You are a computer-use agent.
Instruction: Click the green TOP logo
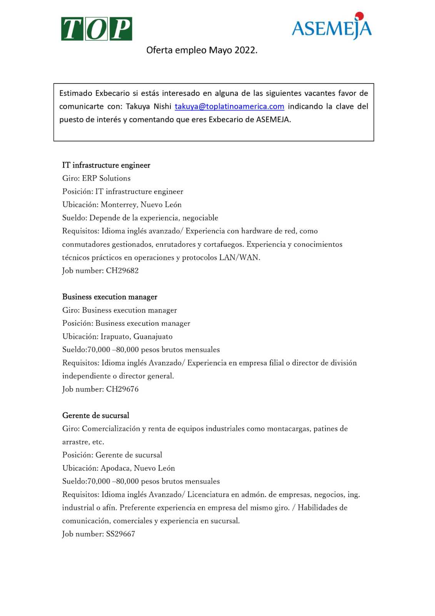[97, 29]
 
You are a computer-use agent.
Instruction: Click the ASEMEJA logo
[332, 27]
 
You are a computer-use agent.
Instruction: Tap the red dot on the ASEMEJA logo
[359, 16]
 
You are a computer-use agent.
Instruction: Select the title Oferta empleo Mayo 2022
[202, 50]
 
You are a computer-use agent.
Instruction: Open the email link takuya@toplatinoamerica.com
[229, 106]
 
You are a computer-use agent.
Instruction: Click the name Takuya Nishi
[148, 106]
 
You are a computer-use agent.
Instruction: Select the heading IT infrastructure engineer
[106, 165]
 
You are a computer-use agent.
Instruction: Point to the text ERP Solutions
[106, 178]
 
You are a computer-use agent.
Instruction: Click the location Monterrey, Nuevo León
[141, 204]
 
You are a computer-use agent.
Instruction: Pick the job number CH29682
[122, 270]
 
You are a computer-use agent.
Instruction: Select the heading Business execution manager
[110, 297]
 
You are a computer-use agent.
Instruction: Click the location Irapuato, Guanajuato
[137, 336]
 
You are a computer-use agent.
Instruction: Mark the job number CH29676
[122, 389]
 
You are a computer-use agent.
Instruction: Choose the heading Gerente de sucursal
[96, 415]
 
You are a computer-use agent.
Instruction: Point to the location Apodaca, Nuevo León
[138, 468]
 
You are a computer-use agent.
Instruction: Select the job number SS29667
[120, 534]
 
